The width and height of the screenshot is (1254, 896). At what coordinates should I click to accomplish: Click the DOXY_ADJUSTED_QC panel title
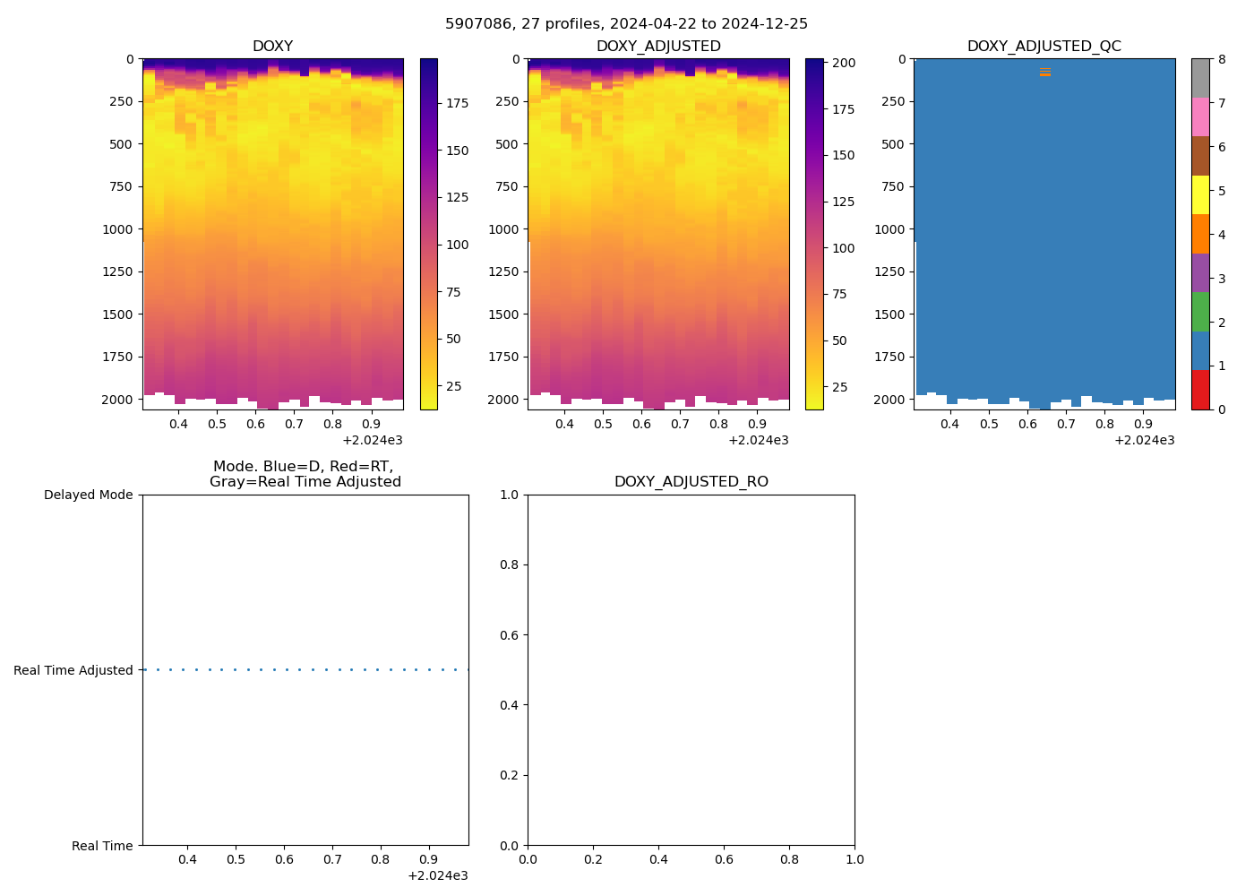pos(1044,46)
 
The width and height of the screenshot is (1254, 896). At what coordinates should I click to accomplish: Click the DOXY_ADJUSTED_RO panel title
pos(691,482)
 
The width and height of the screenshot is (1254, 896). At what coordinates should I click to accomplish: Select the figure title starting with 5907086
pos(626,24)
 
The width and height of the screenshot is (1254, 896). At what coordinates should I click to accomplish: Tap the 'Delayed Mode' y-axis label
pos(88,495)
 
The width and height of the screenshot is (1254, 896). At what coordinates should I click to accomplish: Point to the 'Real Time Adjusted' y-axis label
pos(73,670)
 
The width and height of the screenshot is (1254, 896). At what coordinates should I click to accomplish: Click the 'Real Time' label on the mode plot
pos(102,846)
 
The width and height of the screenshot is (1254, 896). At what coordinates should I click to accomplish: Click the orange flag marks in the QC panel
pos(1044,72)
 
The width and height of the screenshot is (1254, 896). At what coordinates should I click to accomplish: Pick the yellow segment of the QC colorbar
pos(1200,195)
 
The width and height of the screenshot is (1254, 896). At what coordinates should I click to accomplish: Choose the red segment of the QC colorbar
pos(1200,390)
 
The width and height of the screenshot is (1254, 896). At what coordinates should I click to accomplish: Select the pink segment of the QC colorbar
pos(1200,117)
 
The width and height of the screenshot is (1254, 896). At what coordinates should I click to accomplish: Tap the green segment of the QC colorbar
pos(1200,312)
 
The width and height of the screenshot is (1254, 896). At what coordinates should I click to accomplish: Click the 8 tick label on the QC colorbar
pos(1222,59)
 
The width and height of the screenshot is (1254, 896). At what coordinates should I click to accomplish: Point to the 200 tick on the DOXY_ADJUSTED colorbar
pos(844,64)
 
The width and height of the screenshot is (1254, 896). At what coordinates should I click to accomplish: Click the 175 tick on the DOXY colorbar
pos(458,103)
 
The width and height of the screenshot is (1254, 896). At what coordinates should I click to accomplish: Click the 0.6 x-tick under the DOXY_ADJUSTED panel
pos(641,424)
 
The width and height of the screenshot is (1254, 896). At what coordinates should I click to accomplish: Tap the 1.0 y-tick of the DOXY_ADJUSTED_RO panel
pos(509,495)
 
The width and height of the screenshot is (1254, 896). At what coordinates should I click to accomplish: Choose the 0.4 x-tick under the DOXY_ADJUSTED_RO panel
pos(658,860)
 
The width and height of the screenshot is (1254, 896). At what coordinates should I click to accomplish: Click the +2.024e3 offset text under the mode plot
pos(437,875)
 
